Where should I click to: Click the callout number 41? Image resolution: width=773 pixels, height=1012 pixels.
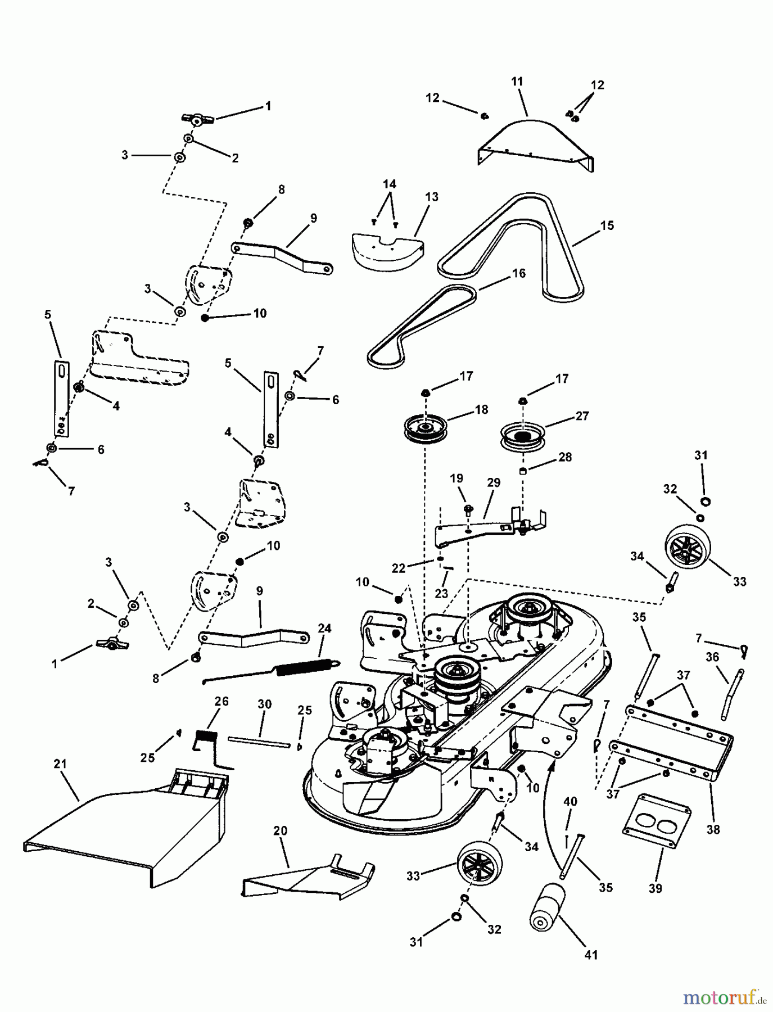point(591,954)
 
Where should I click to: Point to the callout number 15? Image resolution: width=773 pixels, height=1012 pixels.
point(607,225)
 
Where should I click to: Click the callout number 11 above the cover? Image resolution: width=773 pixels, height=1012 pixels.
point(517,82)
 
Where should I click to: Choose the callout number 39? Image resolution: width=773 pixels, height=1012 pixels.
point(656,888)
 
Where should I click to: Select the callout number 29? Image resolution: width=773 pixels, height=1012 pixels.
point(494,482)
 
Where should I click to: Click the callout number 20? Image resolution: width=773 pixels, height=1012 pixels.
point(281,831)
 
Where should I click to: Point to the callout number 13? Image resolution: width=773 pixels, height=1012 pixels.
point(431,197)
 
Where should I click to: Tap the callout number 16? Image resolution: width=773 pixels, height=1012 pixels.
point(518,273)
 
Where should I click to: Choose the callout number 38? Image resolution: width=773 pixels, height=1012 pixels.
point(713,829)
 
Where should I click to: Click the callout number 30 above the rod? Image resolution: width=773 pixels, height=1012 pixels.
point(264,704)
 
